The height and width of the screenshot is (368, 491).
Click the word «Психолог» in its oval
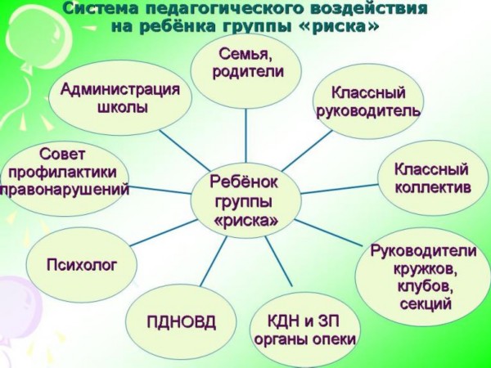(x=82, y=265)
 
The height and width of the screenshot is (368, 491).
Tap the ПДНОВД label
(x=182, y=321)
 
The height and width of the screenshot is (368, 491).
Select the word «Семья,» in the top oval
(x=245, y=54)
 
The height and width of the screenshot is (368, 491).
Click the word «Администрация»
(x=120, y=89)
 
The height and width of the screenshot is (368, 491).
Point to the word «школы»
(x=123, y=107)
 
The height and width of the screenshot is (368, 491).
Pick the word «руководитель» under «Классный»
(x=368, y=110)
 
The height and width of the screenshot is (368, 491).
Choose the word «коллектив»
(x=433, y=187)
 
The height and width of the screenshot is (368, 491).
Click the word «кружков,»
(x=425, y=268)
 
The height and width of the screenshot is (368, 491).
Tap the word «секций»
(x=426, y=303)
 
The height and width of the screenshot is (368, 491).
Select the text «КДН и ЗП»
(x=303, y=321)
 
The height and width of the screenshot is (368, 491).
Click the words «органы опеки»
(x=305, y=339)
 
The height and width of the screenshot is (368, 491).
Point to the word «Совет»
(x=62, y=154)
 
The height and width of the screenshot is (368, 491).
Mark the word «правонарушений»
(x=65, y=190)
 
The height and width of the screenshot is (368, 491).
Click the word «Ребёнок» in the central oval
(x=244, y=182)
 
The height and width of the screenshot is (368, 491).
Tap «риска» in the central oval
(x=246, y=220)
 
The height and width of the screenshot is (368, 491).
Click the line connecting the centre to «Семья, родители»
(x=245, y=135)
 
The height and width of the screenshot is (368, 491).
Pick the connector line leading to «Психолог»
(x=164, y=232)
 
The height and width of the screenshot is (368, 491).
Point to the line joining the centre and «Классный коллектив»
(x=340, y=189)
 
